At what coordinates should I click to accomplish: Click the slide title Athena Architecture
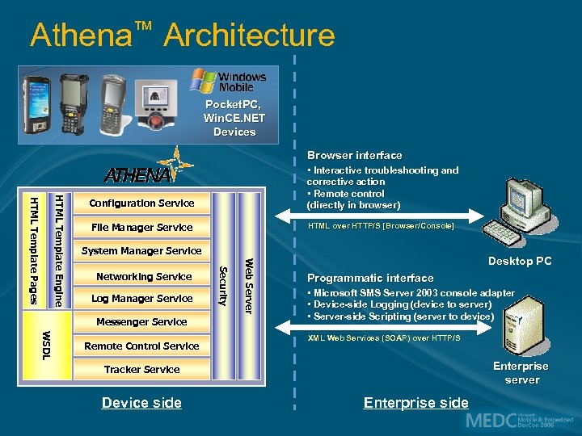[182, 35]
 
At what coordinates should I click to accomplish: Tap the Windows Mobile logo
[229, 82]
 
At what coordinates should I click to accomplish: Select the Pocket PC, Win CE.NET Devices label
[234, 118]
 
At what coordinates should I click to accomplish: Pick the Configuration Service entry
[141, 203]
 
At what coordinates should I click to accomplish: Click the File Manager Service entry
[141, 228]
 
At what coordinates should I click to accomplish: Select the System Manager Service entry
[141, 251]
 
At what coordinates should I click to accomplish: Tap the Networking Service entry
[143, 276]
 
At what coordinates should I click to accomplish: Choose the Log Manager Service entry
[141, 299]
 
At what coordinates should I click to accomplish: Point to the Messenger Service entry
[141, 322]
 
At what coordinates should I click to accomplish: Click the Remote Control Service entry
[141, 346]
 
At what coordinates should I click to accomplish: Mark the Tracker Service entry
[141, 370]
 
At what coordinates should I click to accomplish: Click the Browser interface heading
[354, 155]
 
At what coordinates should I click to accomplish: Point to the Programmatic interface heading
[370, 278]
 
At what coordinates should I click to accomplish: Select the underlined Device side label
[141, 403]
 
